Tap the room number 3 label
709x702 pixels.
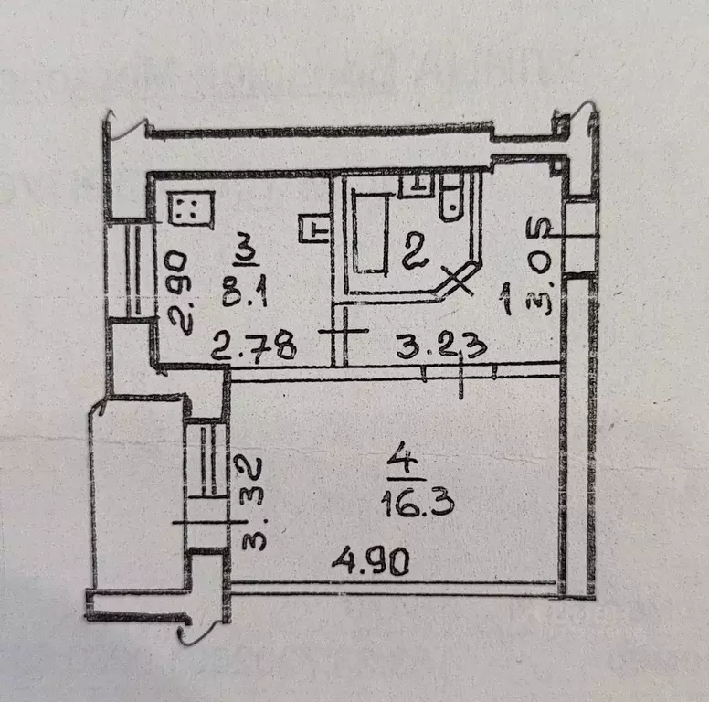point(244,247)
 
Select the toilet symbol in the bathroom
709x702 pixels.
point(450,198)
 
